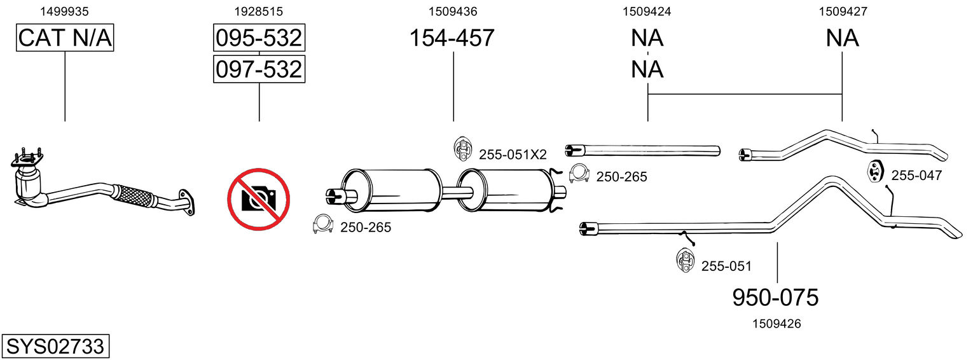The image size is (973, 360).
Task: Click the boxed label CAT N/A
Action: [65, 38]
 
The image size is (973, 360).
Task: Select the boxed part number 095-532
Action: [259, 38]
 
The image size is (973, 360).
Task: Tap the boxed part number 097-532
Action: [259, 69]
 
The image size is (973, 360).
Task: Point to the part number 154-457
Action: [452, 38]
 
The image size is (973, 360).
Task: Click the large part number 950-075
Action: [775, 298]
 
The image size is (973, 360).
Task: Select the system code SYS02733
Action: [55, 346]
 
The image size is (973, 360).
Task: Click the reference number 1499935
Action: [64, 11]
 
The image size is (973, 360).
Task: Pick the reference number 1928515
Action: [258, 11]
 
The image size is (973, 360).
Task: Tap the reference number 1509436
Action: [453, 11]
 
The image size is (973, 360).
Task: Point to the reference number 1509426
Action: [776, 324]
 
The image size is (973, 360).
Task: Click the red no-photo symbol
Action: [258, 199]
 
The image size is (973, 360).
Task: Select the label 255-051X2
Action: [513, 155]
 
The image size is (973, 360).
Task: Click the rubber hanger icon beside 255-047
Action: [876, 172]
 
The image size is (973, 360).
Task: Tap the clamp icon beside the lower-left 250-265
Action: [322, 224]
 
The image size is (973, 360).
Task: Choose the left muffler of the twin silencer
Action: [391, 190]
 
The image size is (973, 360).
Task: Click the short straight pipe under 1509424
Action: [642, 150]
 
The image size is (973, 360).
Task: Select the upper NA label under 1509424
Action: [647, 38]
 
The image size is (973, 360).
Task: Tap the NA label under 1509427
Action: [842, 38]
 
